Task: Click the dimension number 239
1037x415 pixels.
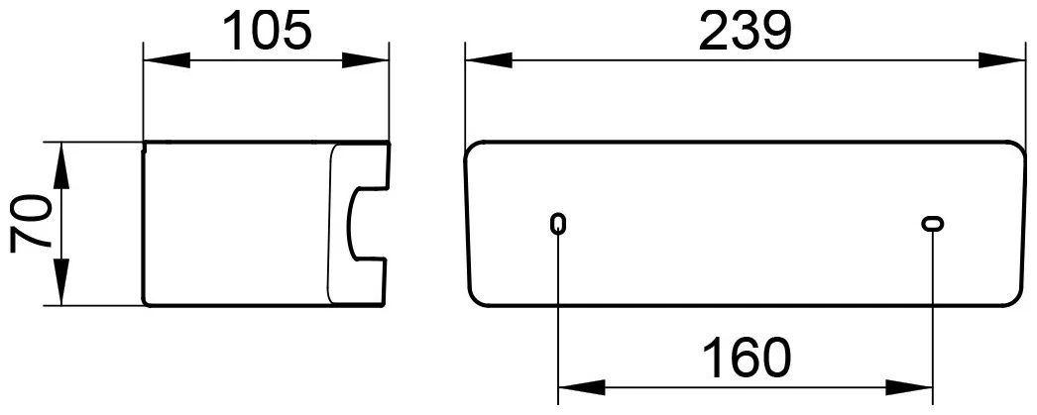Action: coord(744,31)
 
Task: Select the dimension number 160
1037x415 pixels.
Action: coord(746,358)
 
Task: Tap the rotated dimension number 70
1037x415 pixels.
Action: coord(31,224)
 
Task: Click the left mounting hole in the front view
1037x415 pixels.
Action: coord(558,224)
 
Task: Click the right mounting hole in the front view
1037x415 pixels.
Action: coord(933,224)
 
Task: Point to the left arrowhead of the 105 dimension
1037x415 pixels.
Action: coord(168,60)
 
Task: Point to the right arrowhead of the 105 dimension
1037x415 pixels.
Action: coord(365,60)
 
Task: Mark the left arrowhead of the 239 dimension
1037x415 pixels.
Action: coord(489,60)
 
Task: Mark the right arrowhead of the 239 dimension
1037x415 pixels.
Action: coord(1002,60)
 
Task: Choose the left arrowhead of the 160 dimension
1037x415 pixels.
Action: coord(582,387)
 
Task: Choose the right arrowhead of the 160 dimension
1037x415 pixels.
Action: coord(909,387)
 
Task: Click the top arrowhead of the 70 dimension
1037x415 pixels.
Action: coord(60,165)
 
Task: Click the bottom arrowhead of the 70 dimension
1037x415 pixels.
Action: coord(60,282)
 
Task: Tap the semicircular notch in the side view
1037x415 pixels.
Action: coord(351,224)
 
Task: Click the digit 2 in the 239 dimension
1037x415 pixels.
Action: coord(713,31)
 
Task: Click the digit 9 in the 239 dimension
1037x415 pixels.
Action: coord(775,31)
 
